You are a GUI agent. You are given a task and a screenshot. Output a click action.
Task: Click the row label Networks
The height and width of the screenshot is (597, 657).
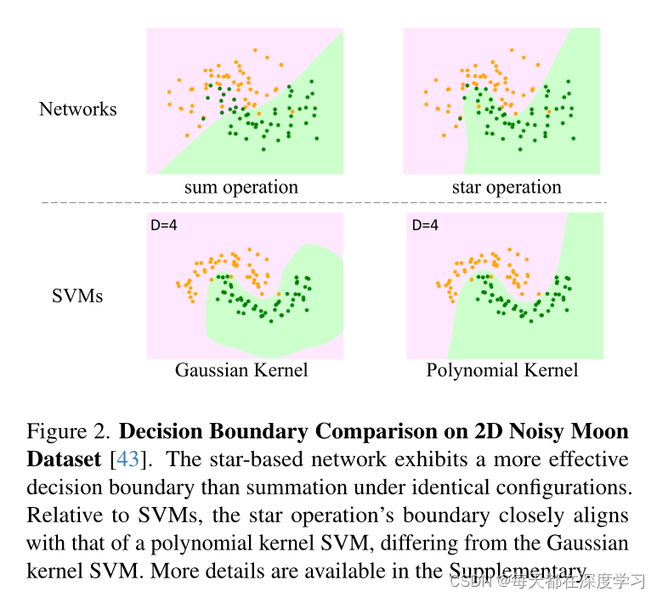(x=77, y=110)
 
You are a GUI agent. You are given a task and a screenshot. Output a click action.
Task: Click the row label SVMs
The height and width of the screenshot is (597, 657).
(x=78, y=296)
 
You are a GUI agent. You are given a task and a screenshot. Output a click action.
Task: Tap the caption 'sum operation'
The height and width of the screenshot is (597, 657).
(x=241, y=188)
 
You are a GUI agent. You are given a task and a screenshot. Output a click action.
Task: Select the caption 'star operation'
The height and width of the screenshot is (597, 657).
(x=507, y=188)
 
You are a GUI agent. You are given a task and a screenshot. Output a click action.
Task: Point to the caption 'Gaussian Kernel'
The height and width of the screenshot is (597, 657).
(x=241, y=370)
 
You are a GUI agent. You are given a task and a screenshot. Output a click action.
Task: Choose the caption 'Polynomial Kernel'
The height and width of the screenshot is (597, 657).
(x=502, y=370)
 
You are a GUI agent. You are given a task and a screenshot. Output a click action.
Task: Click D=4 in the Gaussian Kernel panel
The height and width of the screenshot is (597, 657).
(x=164, y=226)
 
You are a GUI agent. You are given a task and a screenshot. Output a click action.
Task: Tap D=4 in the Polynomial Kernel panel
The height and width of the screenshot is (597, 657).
(x=425, y=226)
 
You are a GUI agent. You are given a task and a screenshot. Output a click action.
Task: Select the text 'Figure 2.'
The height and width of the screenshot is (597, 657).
(x=68, y=432)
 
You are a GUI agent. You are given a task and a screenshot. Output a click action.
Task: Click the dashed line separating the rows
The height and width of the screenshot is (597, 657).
(x=323, y=203)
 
